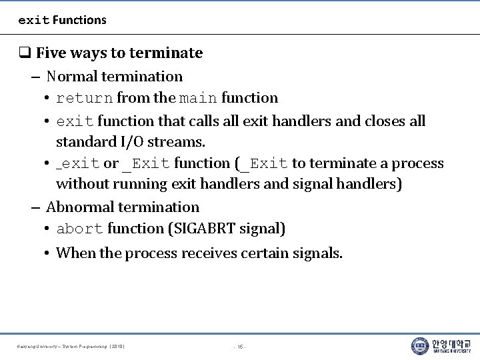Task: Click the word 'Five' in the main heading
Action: [x=51, y=53]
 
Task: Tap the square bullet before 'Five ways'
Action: [x=25, y=53]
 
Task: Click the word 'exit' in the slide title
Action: [x=33, y=20]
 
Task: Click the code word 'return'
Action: [x=84, y=98]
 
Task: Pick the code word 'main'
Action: [x=198, y=98]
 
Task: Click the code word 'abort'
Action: [x=79, y=229]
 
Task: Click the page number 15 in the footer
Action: [x=240, y=347]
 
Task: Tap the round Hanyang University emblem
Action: [x=420, y=346]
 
